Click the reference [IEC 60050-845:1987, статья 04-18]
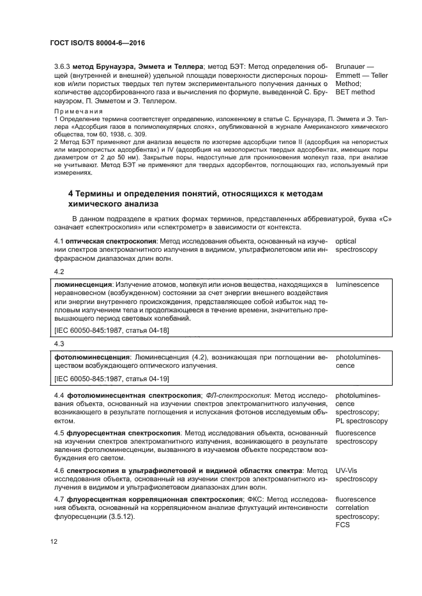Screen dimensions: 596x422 click(x=112, y=330)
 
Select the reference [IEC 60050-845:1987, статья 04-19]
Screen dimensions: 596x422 click(x=112, y=379)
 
